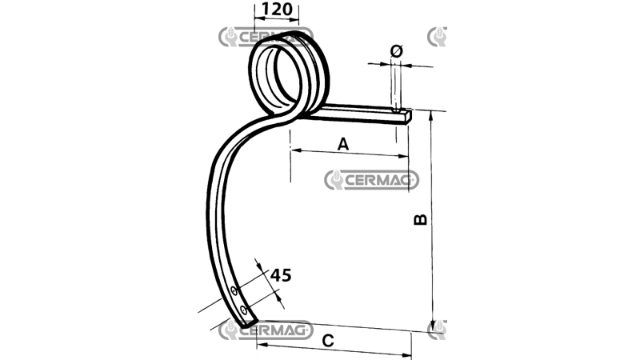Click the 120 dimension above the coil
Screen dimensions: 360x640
[275, 10]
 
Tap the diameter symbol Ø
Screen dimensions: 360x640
[396, 50]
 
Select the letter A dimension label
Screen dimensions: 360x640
[343, 144]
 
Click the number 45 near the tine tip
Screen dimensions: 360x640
[280, 274]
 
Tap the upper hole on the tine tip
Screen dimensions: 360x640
[233, 290]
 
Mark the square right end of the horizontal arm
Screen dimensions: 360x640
[406, 117]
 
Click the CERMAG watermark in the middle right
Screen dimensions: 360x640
[372, 180]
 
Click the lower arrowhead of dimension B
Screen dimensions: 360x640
[433, 323]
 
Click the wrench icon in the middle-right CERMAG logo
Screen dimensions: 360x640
[336, 180]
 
